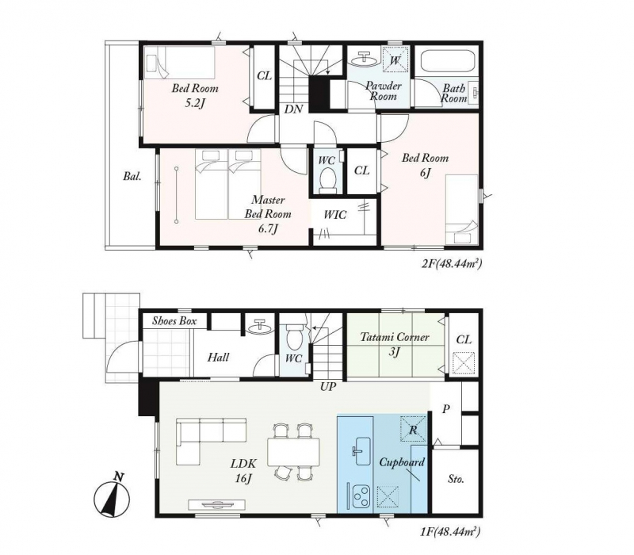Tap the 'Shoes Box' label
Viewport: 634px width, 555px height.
point(174,321)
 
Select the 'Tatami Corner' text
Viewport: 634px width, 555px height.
point(395,336)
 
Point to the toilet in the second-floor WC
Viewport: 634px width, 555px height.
point(327,178)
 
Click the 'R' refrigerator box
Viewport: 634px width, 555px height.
point(413,429)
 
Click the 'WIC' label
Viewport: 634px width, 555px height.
point(335,215)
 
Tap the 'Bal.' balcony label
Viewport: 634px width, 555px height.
point(132,176)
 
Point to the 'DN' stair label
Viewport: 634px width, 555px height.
point(294,109)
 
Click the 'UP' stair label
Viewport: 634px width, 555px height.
point(328,387)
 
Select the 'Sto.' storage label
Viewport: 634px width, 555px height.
point(456,480)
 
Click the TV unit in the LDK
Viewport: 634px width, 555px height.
point(217,504)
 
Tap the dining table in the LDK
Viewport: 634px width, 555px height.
point(293,451)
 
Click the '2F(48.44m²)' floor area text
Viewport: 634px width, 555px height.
point(452,265)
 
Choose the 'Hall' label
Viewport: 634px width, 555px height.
point(219,358)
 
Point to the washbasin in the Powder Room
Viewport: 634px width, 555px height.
point(366,59)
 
